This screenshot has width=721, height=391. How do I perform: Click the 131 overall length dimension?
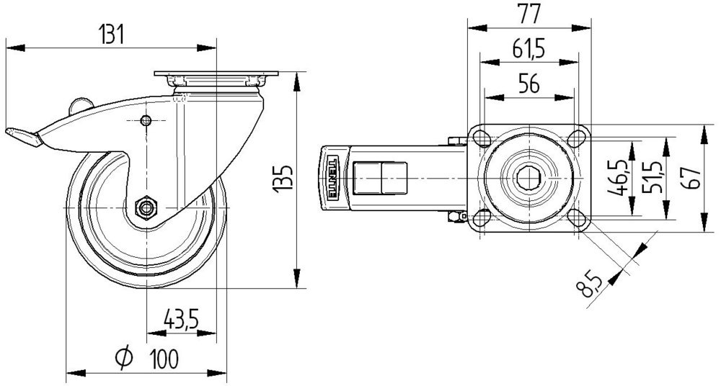pos(111,34)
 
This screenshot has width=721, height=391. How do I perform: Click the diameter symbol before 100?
pos(124,357)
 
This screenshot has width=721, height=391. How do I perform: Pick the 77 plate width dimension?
pos(528,12)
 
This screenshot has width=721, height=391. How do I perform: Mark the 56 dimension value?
pos(529,84)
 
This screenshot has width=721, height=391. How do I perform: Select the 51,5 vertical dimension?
pos(652,178)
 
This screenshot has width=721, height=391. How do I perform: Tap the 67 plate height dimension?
pos(693,178)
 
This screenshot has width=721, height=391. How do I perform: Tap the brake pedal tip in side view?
pos(19,135)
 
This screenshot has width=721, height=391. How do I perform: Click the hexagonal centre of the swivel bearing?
pos(529,177)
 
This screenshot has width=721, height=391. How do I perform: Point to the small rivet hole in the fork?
pos(146,120)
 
